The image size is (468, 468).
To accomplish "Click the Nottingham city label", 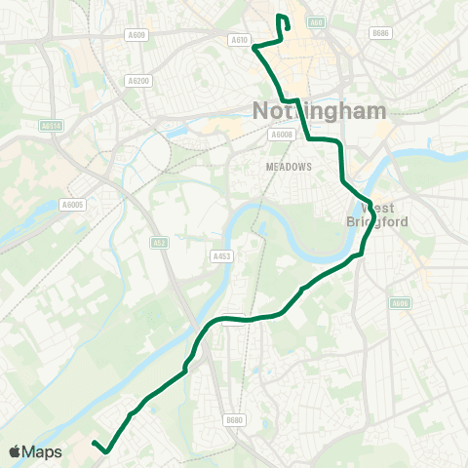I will coord(319,110).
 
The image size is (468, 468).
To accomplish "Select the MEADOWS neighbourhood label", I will coord(289,167).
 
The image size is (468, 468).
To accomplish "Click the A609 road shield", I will coord(136,35).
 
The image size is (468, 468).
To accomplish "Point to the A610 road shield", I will coord(240,39).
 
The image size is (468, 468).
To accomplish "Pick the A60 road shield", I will coord(314,21).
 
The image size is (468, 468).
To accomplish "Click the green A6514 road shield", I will coord(52,125).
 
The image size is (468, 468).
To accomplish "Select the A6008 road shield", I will coord(282,135).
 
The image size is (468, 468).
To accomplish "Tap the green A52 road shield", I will coord(159,242).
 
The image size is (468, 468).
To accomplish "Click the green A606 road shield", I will coord(399,304).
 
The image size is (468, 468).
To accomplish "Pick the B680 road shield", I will coord(233,420).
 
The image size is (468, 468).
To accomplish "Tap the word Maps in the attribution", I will coord(43,451).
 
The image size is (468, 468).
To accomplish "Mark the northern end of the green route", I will coord(281,18).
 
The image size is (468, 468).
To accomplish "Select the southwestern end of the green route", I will coord(95,444).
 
